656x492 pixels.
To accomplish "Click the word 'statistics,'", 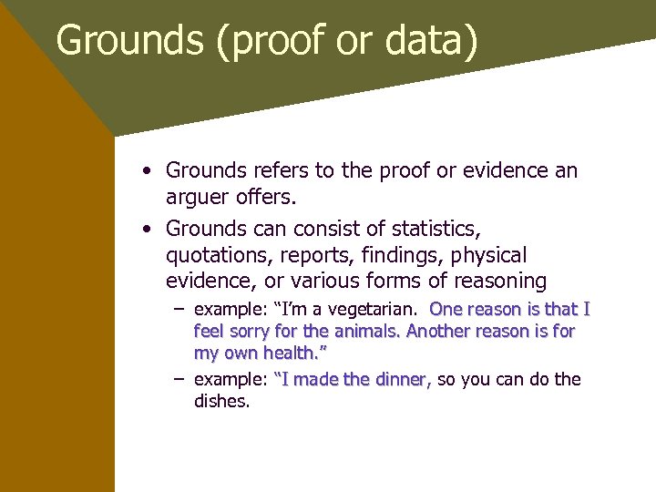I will point(429,228).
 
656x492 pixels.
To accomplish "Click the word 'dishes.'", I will point(221,401).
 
